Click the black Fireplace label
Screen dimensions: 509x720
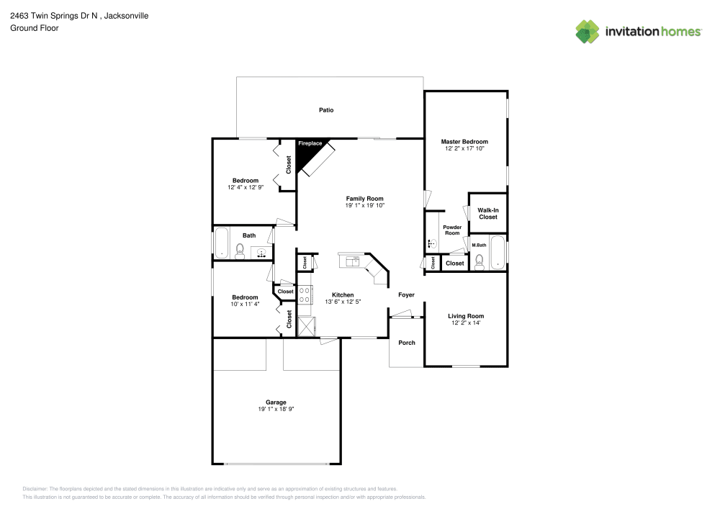tap(310, 144)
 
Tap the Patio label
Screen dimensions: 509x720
tap(326, 110)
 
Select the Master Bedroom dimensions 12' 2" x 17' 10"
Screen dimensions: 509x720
tap(464, 149)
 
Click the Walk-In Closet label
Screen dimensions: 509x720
tap(487, 213)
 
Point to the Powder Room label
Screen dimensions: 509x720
tap(451, 230)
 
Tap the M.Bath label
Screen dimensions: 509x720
tap(479, 246)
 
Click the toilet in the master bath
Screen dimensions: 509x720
tap(479, 261)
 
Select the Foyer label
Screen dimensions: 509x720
tap(406, 294)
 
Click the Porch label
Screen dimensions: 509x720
tap(407, 343)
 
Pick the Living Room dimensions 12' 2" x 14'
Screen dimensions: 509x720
tap(466, 323)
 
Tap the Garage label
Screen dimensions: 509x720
tap(276, 402)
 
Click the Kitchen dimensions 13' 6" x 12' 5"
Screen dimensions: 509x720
tap(342, 302)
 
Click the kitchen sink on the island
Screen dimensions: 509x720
tap(352, 261)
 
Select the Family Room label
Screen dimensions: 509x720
tap(364, 199)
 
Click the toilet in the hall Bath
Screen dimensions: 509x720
tap(240, 251)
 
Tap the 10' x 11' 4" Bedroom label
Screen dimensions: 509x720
tap(245, 297)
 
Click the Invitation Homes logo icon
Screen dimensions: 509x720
tap(588, 32)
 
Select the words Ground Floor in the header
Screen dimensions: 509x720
tap(34, 28)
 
